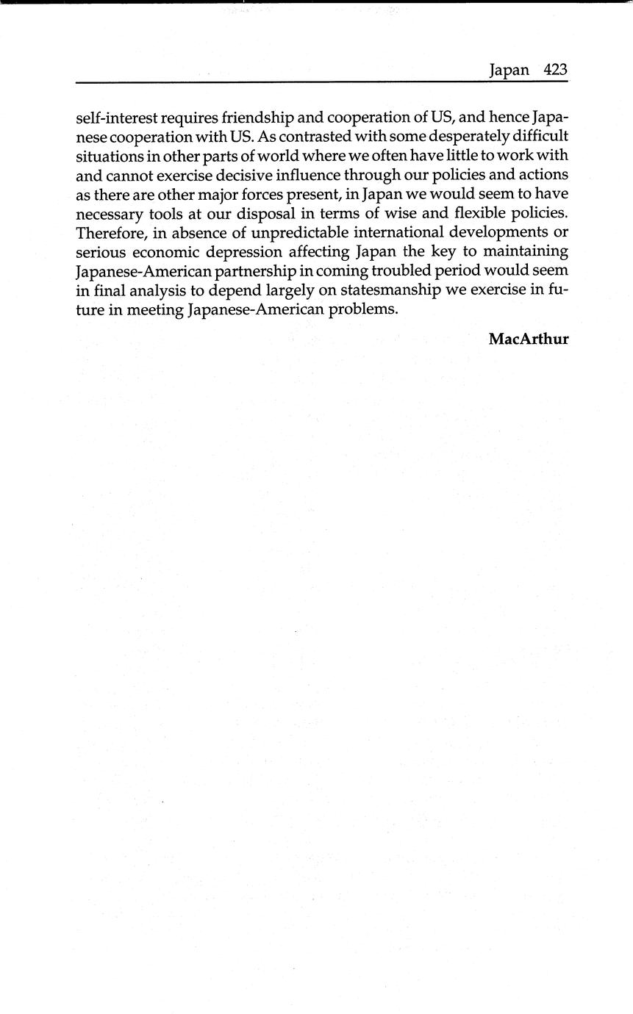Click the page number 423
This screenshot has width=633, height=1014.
(556, 70)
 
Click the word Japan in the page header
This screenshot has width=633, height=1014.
(509, 71)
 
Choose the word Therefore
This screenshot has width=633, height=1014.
(110, 233)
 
